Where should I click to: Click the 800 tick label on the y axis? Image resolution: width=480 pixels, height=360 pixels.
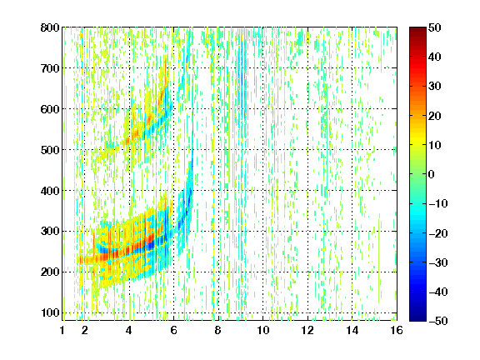pyautogui.click(x=50, y=27)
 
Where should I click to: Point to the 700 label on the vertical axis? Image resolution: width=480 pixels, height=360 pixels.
pyautogui.click(x=50, y=68)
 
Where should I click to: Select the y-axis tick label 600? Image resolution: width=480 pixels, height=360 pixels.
pyautogui.click(x=50, y=109)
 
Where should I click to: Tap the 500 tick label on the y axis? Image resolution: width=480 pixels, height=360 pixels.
pyautogui.click(x=50, y=150)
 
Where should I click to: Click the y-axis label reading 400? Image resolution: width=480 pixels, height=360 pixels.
pyautogui.click(x=50, y=191)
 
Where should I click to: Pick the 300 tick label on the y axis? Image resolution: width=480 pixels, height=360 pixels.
pyautogui.click(x=50, y=232)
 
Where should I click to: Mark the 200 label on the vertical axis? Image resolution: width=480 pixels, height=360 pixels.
pyautogui.click(x=50, y=272)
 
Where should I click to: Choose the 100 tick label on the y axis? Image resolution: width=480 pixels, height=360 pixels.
pyautogui.click(x=50, y=312)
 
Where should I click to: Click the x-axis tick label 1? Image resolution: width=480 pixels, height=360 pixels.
pyautogui.click(x=62, y=330)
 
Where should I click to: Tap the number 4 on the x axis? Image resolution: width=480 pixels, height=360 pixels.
pyautogui.click(x=129, y=330)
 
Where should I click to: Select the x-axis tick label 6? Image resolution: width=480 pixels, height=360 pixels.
pyautogui.click(x=173, y=330)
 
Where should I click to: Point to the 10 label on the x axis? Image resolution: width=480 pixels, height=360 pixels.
pyautogui.click(x=262, y=330)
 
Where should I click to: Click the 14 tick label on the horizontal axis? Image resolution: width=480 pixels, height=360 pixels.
pyautogui.click(x=352, y=330)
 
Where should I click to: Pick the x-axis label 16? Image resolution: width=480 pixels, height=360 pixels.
pyautogui.click(x=397, y=330)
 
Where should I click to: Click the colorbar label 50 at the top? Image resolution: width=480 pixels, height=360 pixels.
pyautogui.click(x=435, y=27)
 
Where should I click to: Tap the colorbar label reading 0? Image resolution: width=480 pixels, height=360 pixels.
pyautogui.click(x=432, y=174)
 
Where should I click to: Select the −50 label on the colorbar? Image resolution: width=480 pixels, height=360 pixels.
pyautogui.click(x=438, y=321)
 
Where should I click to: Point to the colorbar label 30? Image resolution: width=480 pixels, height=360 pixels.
pyautogui.click(x=435, y=87)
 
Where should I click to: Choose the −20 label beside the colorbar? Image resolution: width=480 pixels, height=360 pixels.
pyautogui.click(x=438, y=233)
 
